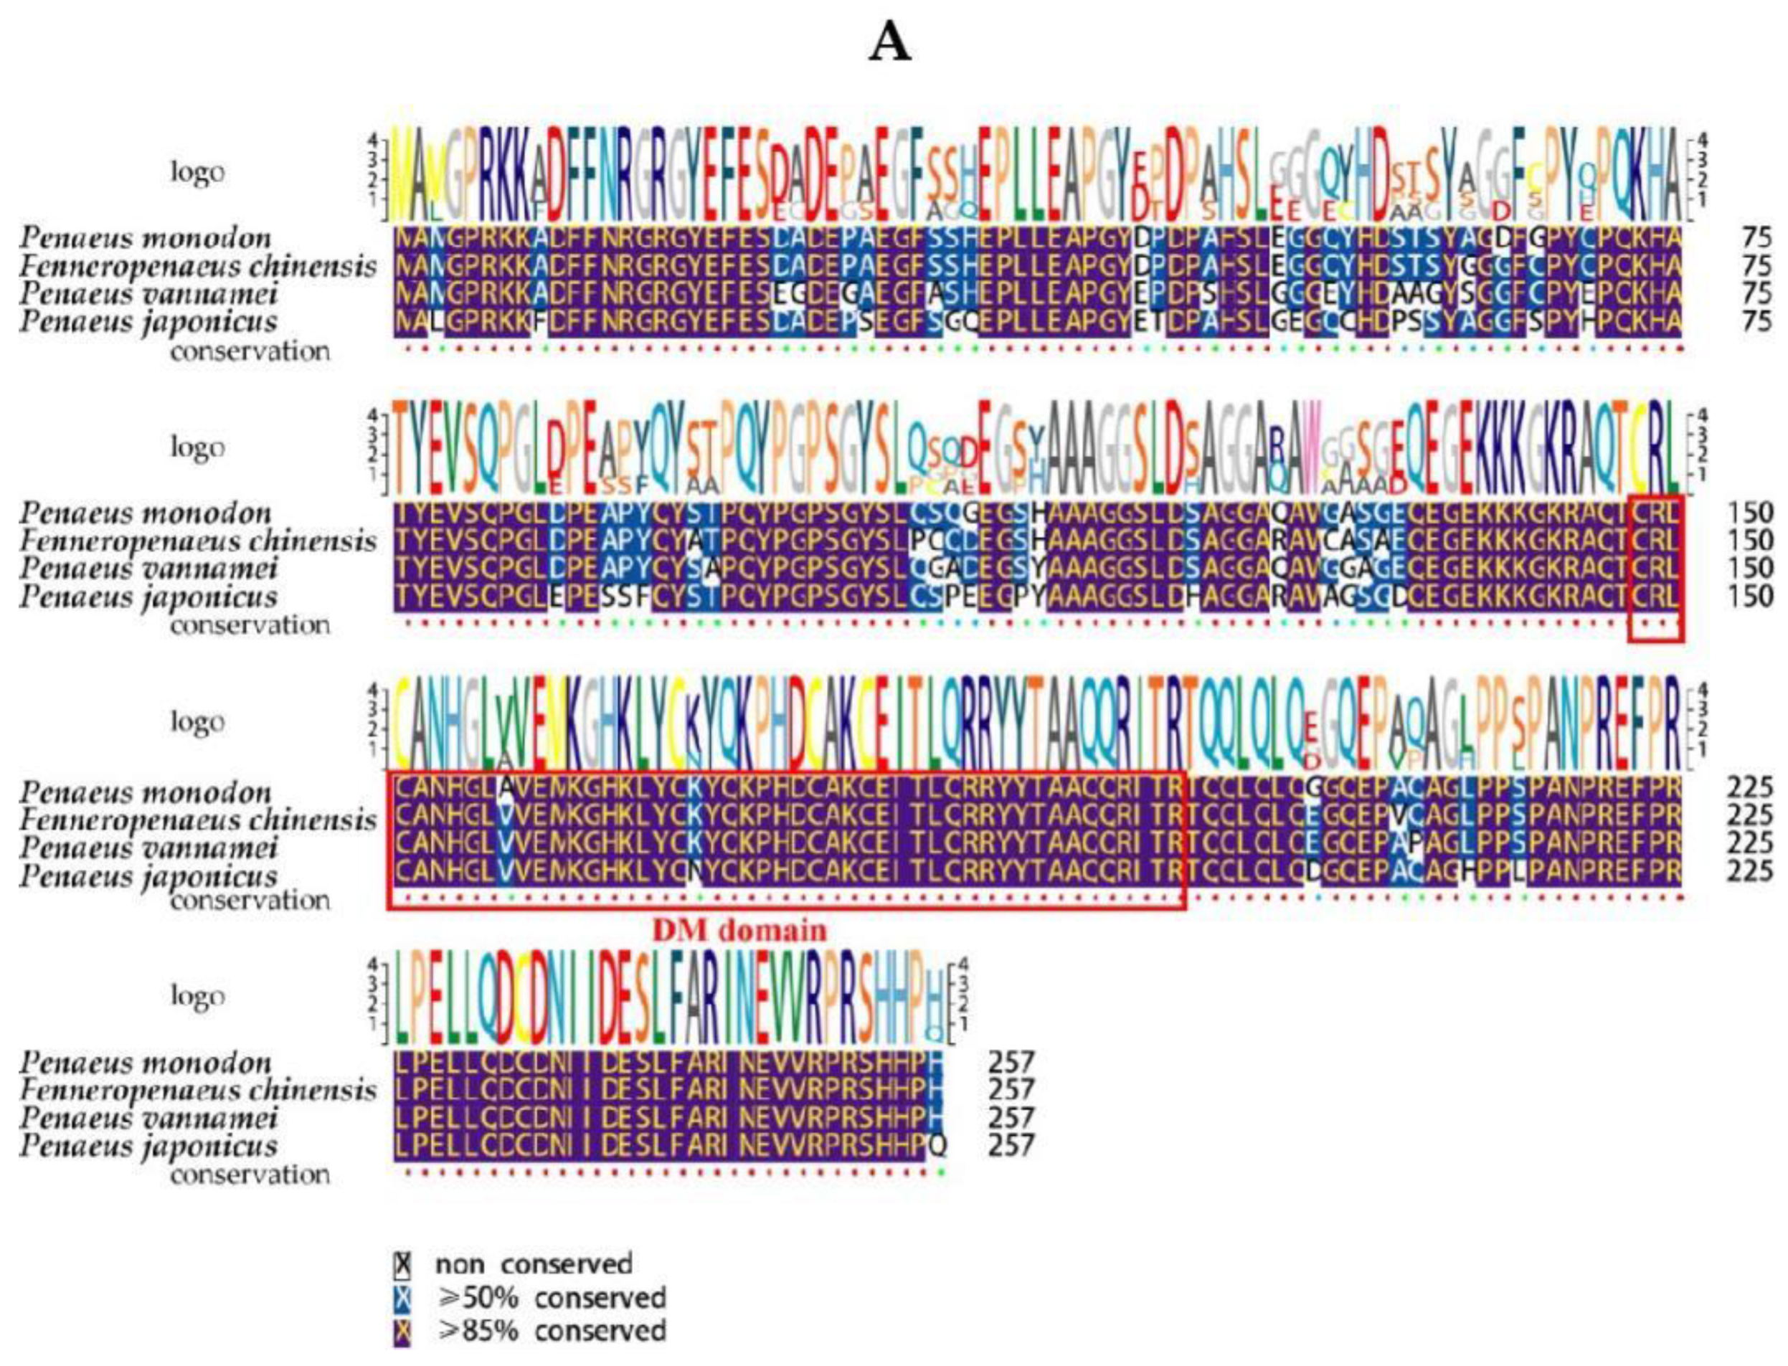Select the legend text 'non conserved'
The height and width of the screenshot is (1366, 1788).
tap(534, 1264)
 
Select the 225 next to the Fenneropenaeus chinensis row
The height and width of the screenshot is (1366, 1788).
tap(1747, 815)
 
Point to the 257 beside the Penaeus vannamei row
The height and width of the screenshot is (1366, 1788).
tap(1011, 1117)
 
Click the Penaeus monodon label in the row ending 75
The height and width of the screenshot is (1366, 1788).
tap(146, 238)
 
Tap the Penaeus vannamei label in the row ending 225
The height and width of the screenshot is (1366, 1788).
tap(148, 845)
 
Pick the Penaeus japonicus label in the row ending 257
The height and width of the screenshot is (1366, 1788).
tap(148, 1146)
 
